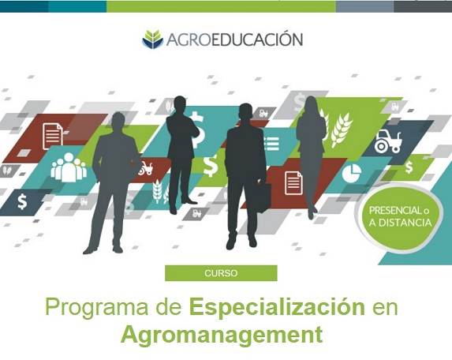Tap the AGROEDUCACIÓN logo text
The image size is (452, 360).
234,39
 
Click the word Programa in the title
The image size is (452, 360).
97,309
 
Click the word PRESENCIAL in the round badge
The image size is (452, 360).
395,211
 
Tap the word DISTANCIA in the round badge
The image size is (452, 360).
405,223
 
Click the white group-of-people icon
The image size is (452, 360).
69,167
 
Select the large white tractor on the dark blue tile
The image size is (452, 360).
388,141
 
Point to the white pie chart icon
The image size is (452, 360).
351,174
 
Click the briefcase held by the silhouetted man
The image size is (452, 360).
263,197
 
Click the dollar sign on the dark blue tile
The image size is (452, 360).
22,201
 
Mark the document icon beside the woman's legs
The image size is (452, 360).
293,182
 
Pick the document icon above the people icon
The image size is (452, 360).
53,136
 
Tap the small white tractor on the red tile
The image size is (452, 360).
146,168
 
